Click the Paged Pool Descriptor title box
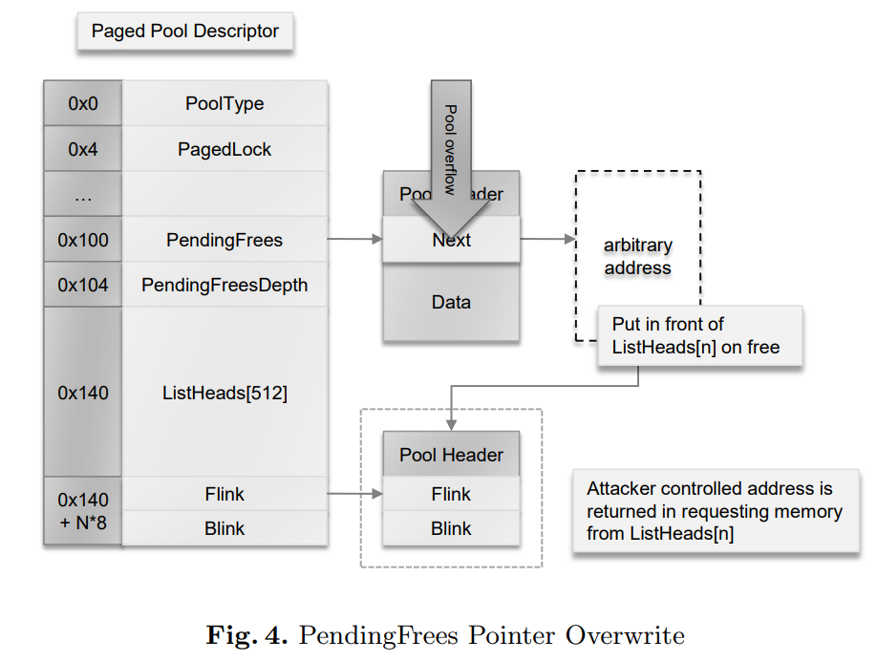pos(184,32)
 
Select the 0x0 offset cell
pos(83,103)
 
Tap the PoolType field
pos(225,103)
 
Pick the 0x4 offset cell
pos(83,149)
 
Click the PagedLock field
pos(225,149)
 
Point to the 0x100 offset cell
pos(83,240)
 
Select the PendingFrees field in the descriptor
pos(225,240)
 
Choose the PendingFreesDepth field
pos(225,285)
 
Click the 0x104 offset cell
pos(83,285)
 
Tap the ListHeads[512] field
pos(225,393)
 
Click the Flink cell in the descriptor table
pos(225,494)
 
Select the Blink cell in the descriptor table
pos(225,528)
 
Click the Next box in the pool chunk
pos(451,241)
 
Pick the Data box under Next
pos(451,302)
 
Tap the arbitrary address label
pos(637,257)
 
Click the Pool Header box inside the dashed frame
pos(451,455)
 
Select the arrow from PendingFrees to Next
pos(354,240)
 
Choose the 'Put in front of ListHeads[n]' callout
pos(699,335)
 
